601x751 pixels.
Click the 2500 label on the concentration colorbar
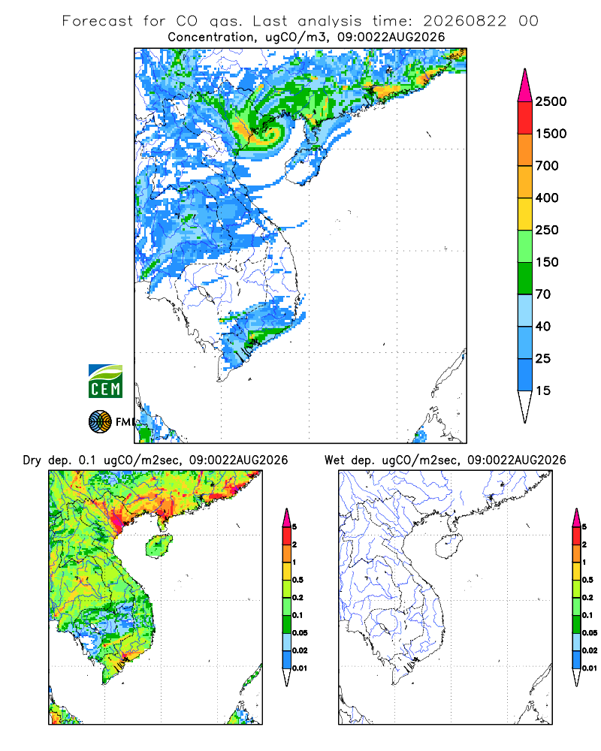tap(551, 101)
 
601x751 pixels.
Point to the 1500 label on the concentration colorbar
tap(551, 134)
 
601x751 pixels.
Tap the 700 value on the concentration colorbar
tap(547, 166)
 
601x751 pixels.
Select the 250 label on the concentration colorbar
tap(547, 230)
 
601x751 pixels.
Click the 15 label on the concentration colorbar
tap(543, 391)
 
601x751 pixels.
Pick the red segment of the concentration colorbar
tap(525, 118)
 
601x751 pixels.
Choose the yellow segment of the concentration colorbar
tap(525, 214)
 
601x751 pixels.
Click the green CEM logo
tap(105, 381)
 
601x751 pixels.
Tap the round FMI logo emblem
tap(100, 421)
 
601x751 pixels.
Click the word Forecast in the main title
tap(98, 21)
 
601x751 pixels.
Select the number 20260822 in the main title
tap(464, 21)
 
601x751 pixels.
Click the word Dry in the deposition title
tap(32, 460)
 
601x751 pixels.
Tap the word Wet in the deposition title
tap(334, 460)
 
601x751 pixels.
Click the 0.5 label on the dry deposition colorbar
tap(297, 580)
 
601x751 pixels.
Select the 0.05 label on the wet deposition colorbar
tap(590, 632)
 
